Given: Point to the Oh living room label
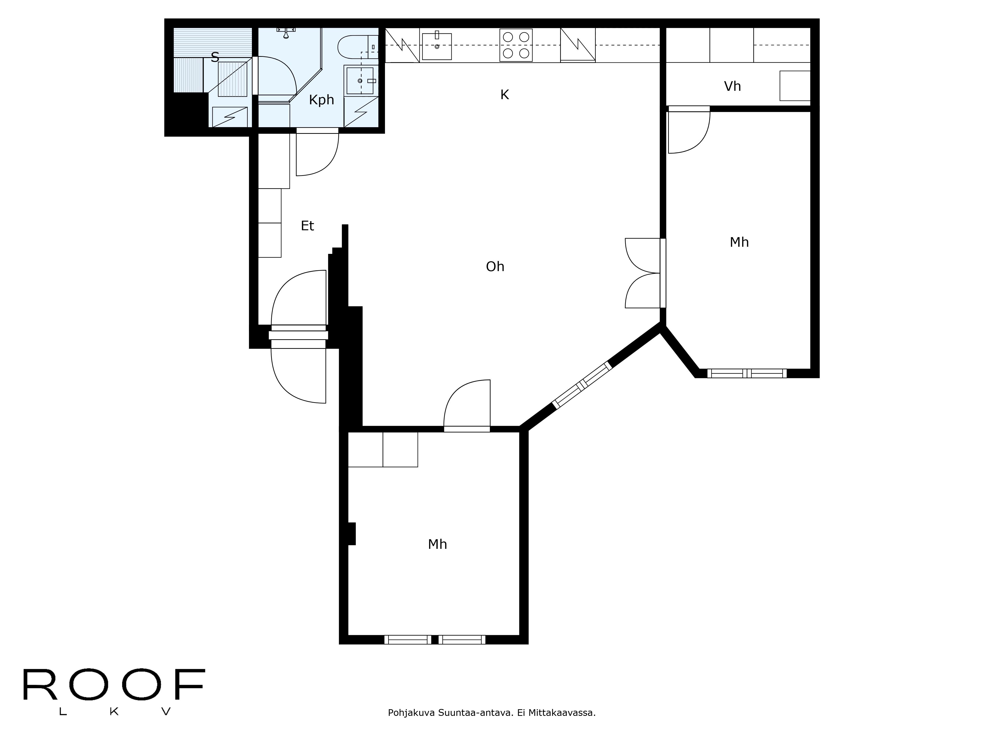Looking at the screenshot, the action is pyautogui.click(x=495, y=266).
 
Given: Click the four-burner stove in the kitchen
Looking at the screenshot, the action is pyautogui.click(x=516, y=45).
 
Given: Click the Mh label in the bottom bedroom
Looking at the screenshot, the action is pyautogui.click(x=437, y=544).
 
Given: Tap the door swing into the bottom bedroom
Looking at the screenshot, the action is pyautogui.click(x=467, y=405).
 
